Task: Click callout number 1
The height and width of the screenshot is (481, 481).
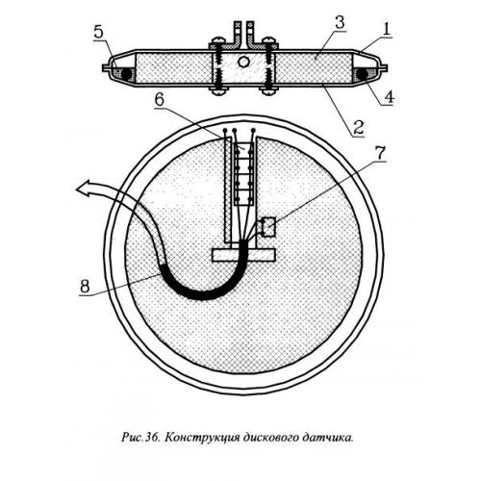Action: (x=387, y=30)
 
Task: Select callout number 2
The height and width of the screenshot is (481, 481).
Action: (x=358, y=127)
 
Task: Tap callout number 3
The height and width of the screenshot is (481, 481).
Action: (x=340, y=22)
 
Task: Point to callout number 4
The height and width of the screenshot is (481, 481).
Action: (x=388, y=96)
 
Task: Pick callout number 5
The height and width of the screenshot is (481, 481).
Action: (x=99, y=33)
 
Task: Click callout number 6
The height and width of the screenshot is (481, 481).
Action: (x=160, y=100)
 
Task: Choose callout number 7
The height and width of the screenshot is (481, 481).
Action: (x=379, y=154)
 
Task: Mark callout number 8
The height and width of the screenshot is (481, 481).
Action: (x=85, y=286)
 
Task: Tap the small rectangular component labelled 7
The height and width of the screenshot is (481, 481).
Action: (x=268, y=227)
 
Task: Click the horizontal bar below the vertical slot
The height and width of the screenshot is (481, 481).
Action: (x=244, y=255)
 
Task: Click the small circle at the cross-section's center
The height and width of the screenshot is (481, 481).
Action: (x=242, y=62)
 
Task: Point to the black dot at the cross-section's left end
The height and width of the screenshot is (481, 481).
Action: (x=126, y=74)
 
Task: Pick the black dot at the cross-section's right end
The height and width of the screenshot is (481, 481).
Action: (x=363, y=74)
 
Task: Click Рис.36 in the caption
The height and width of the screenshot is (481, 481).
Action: (x=140, y=437)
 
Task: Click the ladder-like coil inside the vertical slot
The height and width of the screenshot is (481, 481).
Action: (x=244, y=173)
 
